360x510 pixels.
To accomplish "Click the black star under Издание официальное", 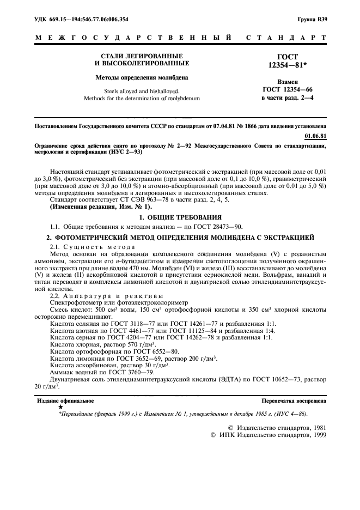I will point(60,407).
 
